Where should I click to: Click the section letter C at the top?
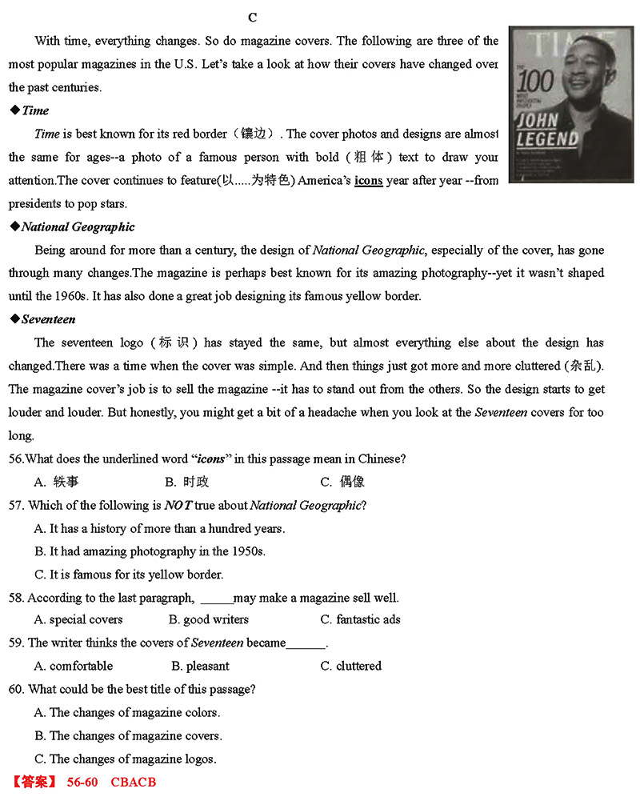coord(252,18)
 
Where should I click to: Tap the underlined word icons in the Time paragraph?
coord(368,181)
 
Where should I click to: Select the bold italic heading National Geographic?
coord(78,227)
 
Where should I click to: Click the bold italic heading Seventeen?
coord(48,319)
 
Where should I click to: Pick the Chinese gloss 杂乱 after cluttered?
coord(583,366)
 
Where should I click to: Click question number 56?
coord(16,459)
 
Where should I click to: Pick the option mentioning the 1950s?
coord(157,551)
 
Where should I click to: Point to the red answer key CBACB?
coord(133,782)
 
